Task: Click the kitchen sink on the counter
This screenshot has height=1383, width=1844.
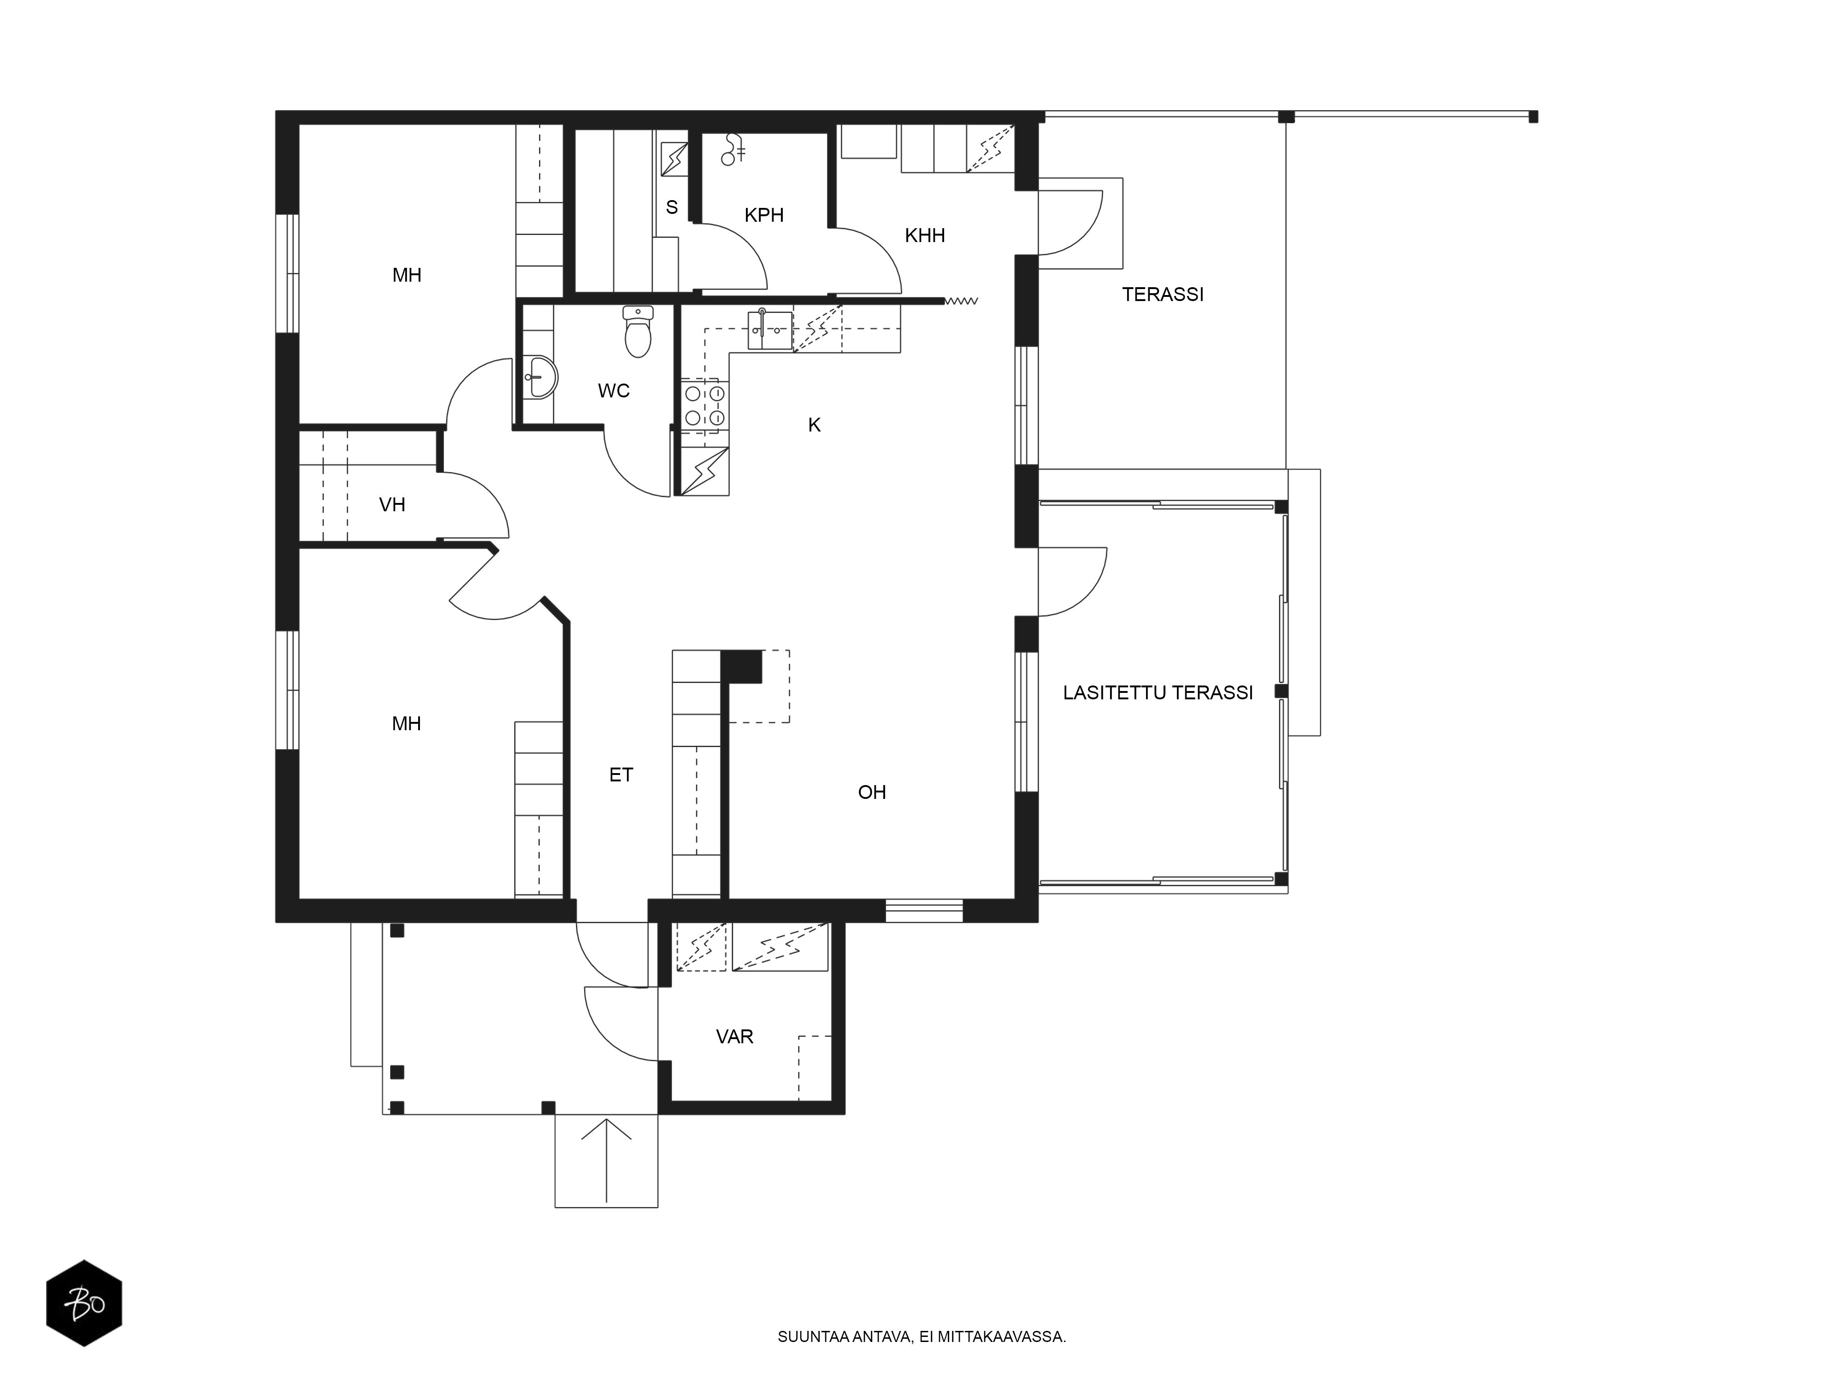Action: click(769, 329)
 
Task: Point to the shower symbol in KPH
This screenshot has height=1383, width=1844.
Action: click(733, 148)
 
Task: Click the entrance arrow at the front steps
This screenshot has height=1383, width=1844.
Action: click(606, 1161)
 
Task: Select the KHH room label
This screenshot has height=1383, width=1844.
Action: click(924, 236)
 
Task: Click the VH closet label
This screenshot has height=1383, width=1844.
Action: click(392, 504)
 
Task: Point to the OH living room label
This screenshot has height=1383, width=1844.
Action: click(872, 792)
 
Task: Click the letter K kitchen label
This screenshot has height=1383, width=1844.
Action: click(815, 425)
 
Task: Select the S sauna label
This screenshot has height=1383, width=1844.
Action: click(672, 207)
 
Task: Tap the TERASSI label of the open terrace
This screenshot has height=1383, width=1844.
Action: click(1163, 294)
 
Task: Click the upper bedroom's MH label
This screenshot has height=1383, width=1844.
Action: click(407, 275)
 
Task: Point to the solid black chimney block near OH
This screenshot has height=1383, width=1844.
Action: click(741, 666)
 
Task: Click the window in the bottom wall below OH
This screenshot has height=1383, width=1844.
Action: click(924, 910)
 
